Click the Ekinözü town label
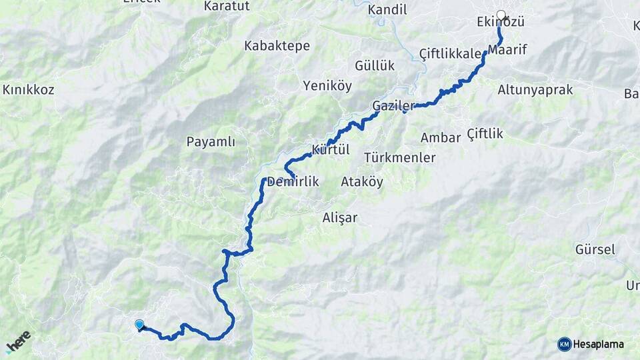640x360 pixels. coord(501,23)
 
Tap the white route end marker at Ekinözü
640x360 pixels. coord(501,14)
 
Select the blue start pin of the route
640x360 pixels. coord(139,325)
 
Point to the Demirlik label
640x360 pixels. coord(294,182)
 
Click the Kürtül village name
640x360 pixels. coord(331,149)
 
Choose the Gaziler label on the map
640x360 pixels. coord(393,106)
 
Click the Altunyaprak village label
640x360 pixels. coord(535,90)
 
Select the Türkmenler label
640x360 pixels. coord(400,158)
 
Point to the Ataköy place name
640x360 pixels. coord(362,182)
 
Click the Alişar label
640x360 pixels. coord(340,217)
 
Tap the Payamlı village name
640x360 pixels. coord(211,142)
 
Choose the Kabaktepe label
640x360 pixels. coord(277,46)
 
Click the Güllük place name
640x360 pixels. coord(375,66)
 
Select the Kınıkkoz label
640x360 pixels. coord(29,90)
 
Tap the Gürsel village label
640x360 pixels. coord(595,250)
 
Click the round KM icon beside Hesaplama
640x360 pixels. coord(565,344)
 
